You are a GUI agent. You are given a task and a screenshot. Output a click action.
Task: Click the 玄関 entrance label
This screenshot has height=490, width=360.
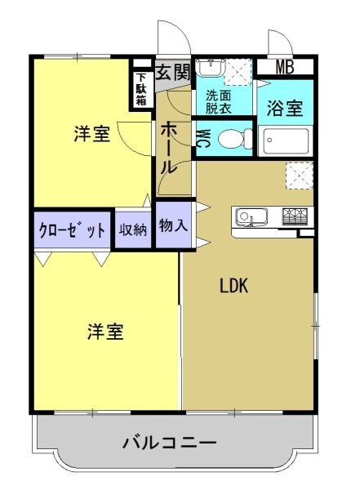tap(172, 71)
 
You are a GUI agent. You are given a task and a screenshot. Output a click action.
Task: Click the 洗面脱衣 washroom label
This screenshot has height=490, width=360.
tap(218, 100)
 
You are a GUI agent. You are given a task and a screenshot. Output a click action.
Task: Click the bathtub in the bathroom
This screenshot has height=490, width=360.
tap(283, 142)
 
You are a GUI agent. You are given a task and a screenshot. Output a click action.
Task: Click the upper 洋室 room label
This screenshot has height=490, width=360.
tap(91, 136)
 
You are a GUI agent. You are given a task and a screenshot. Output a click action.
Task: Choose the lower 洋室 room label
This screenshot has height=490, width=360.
tap(105, 332)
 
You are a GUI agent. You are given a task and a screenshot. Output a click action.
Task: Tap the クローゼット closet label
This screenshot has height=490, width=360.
tap(72, 230)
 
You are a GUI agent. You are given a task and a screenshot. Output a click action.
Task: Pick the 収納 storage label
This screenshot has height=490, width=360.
tap(133, 230)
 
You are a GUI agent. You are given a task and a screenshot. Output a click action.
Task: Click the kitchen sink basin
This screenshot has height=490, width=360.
tap(250, 217)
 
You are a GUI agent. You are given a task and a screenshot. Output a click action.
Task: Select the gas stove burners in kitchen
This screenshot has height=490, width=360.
tap(296, 217)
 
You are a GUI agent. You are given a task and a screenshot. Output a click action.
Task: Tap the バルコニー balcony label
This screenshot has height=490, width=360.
tap(170, 443)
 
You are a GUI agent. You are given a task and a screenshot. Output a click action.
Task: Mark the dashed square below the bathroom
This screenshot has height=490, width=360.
tap(300, 174)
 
